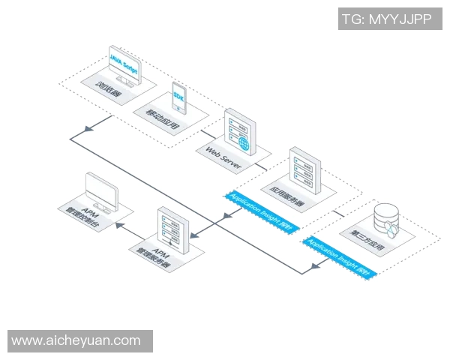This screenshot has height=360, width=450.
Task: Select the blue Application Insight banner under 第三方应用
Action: click(x=340, y=255)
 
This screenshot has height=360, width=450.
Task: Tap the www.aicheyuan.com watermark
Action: click(x=76, y=340)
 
